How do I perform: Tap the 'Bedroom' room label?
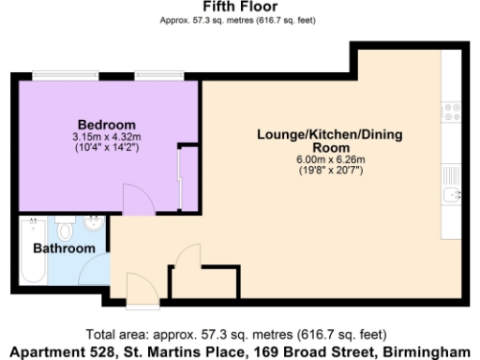(x=106, y=125)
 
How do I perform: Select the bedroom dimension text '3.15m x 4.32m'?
(x=106, y=137)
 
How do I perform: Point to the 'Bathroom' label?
(x=64, y=248)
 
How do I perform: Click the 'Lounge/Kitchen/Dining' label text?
(x=329, y=135)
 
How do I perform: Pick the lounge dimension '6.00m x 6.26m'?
(x=329, y=159)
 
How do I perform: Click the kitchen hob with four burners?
(x=452, y=113)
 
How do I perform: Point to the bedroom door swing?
(x=136, y=200)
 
